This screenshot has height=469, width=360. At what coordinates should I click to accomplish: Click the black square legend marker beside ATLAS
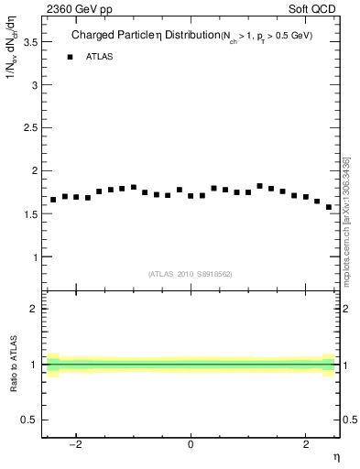click(x=70, y=57)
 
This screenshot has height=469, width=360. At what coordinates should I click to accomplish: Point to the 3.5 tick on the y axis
click(x=31, y=42)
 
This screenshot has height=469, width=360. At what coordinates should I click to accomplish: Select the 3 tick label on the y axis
click(x=35, y=85)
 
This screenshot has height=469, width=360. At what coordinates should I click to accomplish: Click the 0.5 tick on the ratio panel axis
click(x=31, y=420)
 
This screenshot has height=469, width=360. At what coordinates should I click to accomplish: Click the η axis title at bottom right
click(x=336, y=457)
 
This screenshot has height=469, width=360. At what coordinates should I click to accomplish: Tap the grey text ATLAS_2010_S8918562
click(x=190, y=273)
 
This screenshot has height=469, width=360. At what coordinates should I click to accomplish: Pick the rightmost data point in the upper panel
click(x=329, y=207)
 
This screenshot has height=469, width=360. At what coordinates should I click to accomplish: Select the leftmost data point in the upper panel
click(x=53, y=200)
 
